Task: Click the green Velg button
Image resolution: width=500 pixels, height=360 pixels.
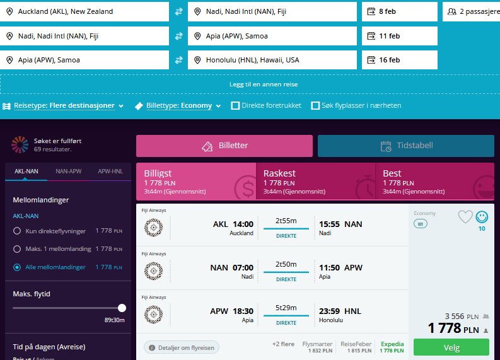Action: click(x=451, y=347)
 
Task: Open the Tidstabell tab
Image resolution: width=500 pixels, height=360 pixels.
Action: click(x=406, y=146)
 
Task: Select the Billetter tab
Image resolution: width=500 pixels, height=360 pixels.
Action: click(x=224, y=146)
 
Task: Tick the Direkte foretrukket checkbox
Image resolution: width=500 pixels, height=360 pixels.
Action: click(x=235, y=105)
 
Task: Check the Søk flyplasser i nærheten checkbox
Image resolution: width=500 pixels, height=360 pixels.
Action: click(x=315, y=105)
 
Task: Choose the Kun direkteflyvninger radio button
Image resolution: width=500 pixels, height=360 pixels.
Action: click(x=17, y=231)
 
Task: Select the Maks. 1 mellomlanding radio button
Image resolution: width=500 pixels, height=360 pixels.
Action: click(x=17, y=249)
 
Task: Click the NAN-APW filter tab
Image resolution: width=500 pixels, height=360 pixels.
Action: click(x=69, y=171)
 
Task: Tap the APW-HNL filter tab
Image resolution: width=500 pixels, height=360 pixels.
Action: click(x=110, y=171)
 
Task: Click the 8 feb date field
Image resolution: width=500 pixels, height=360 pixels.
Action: click(x=400, y=11)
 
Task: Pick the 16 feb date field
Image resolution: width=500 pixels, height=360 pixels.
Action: click(x=400, y=60)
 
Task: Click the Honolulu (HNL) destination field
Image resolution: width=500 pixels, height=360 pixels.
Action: click(x=272, y=60)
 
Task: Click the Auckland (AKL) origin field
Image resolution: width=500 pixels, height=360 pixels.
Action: click(x=84, y=11)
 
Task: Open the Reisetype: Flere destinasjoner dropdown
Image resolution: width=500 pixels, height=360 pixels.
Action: click(x=63, y=105)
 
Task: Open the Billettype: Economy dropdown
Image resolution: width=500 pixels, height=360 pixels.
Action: click(x=178, y=105)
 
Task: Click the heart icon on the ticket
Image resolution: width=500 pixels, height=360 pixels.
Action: click(x=465, y=217)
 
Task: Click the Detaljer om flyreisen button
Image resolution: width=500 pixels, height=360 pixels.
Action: click(x=182, y=347)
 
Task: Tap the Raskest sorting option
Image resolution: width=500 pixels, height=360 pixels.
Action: click(x=316, y=182)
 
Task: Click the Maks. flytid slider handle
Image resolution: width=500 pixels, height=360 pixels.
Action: click(x=122, y=308)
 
